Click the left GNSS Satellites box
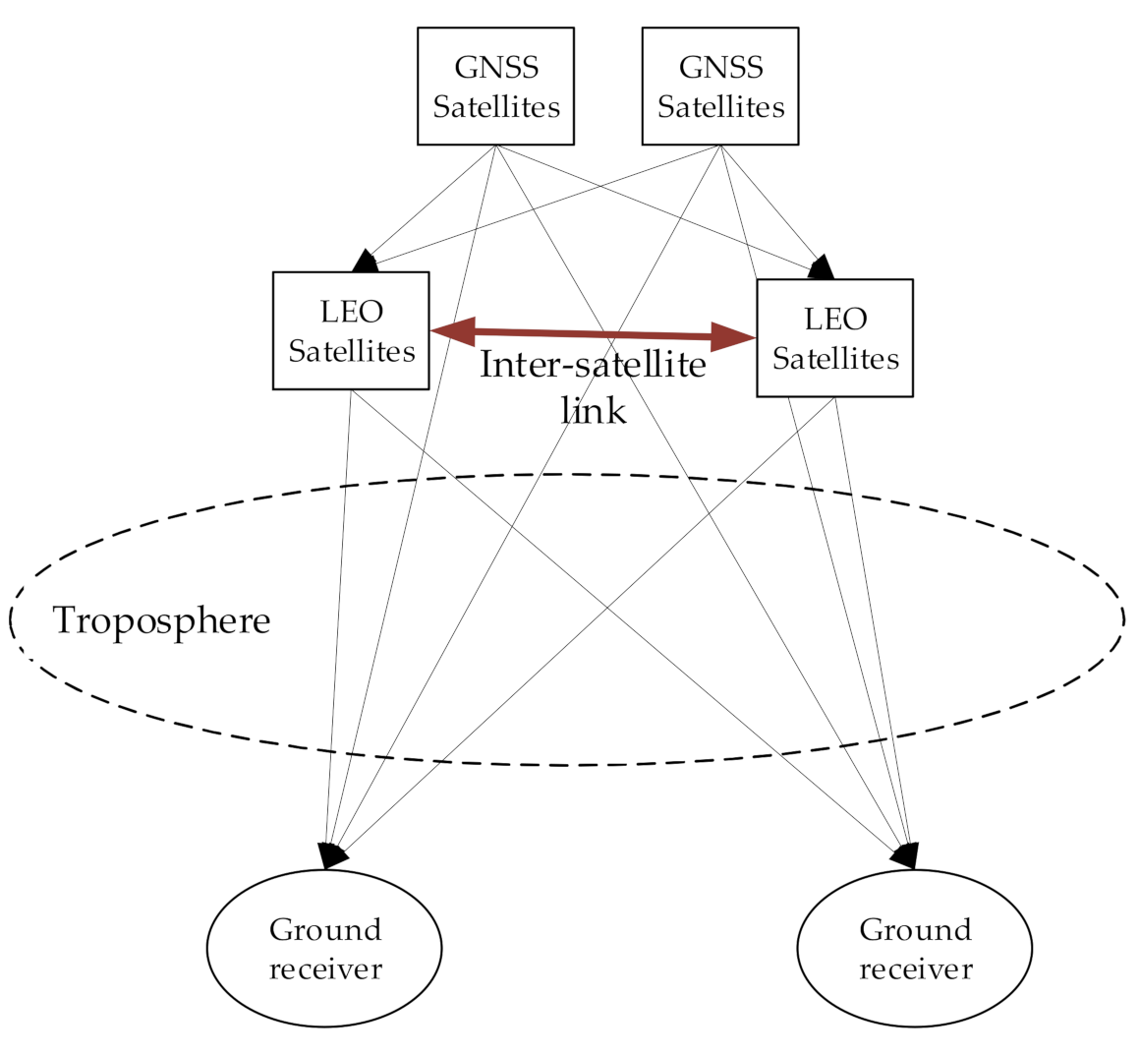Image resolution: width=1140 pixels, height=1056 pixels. (495, 87)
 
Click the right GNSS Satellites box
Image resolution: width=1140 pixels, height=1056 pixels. (719, 87)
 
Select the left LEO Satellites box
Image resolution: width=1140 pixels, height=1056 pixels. (351, 330)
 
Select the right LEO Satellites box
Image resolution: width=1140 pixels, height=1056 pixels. (834, 338)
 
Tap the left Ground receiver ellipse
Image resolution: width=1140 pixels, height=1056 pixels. (324, 948)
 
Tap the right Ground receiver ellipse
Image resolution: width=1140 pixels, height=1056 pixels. (914, 948)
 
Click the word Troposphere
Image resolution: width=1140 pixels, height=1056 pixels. (161, 621)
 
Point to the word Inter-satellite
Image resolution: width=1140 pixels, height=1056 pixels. (593, 366)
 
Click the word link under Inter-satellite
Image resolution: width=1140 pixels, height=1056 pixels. (593, 409)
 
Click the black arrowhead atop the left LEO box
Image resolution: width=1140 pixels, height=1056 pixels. (365, 261)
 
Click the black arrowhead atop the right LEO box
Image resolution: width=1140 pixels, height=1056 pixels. (821, 266)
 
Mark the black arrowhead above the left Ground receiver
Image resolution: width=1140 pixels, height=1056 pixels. (332, 855)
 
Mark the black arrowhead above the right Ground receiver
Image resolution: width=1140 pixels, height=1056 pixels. (905, 855)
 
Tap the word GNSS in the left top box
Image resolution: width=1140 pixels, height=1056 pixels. (495, 68)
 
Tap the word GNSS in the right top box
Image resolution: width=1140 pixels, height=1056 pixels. (719, 68)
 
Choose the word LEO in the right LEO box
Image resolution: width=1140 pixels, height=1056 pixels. (834, 320)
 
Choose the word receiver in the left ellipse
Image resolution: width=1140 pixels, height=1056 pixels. (324, 968)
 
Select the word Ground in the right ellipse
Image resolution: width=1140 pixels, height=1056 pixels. (914, 929)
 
